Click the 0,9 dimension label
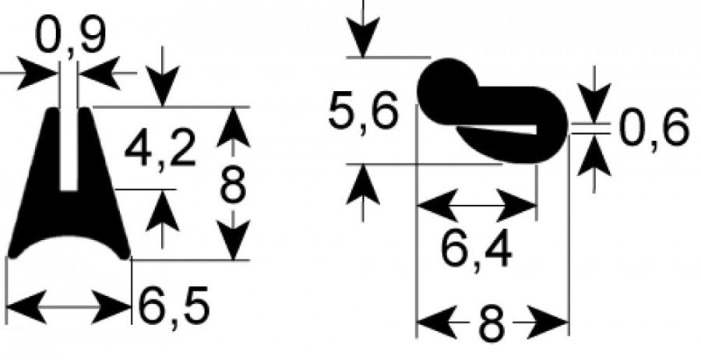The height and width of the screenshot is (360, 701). pos(71,37)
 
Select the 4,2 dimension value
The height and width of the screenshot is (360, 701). pos(160,148)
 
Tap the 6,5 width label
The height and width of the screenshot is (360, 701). pos(174,306)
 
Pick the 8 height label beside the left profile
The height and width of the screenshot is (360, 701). pos(233,184)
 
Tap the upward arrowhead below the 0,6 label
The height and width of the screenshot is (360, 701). pos(594,155)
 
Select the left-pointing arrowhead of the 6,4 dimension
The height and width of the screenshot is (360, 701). pos(437,206)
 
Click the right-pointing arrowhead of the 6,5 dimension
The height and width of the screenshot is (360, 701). pos(111,307)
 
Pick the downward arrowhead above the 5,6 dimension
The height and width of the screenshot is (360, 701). pos(362,37)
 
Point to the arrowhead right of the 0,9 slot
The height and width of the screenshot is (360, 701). pos(99,73)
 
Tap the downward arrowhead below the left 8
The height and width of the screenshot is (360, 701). pos(233,240)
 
